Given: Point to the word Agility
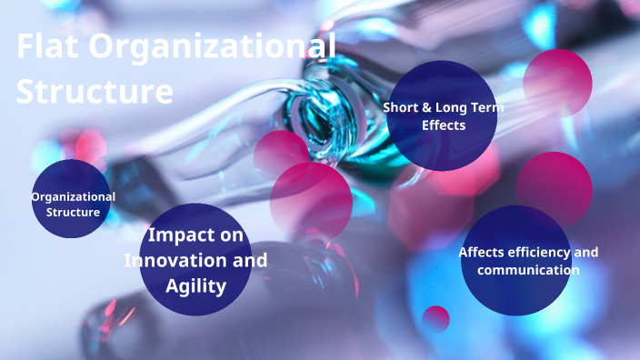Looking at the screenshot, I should click(195, 286).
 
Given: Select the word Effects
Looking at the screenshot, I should click(444, 125).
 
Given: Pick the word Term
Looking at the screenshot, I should click(489, 107).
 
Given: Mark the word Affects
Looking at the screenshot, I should click(480, 252).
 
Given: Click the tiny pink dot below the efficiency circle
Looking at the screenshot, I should click(436, 318).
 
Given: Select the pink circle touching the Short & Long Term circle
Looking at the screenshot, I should click(558, 82).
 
